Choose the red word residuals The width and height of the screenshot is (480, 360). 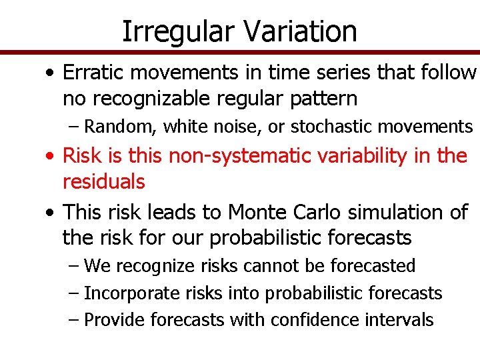pos(103,181)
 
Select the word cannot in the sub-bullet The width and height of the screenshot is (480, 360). pos(273,266)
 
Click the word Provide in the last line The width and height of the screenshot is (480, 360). pos(115,320)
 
